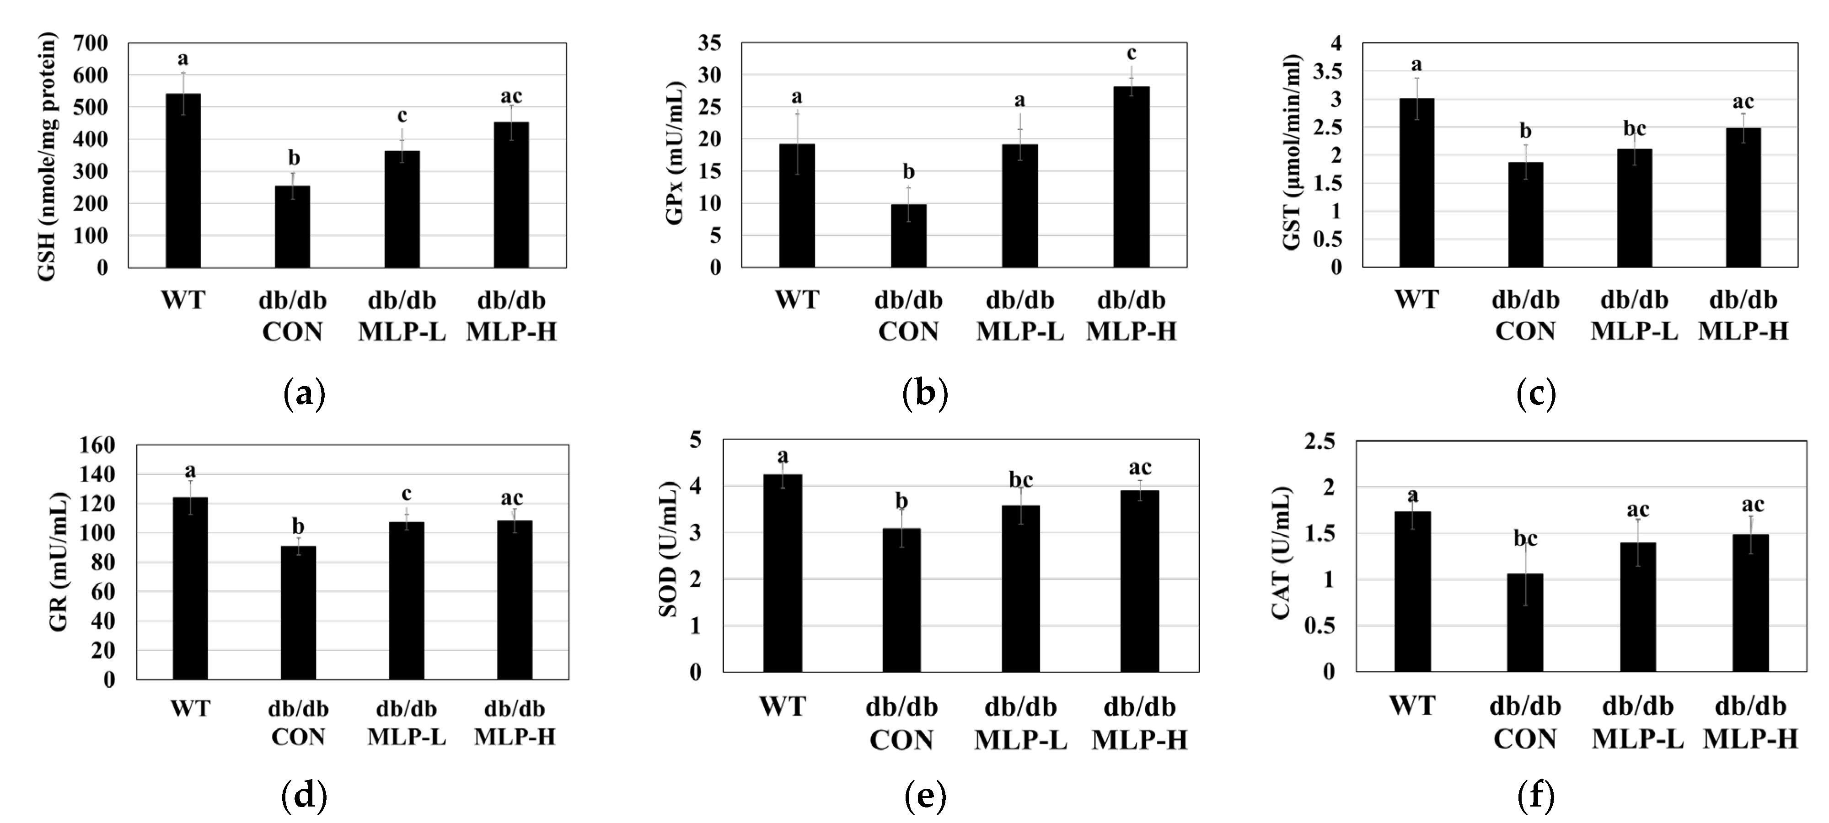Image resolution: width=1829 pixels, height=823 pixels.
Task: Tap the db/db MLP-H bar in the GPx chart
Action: click(x=1131, y=177)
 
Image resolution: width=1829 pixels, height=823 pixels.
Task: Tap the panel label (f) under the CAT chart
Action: click(x=1536, y=796)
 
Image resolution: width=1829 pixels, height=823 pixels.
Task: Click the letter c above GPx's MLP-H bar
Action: click(x=1132, y=53)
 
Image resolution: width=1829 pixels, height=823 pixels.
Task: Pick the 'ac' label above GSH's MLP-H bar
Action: click(x=511, y=96)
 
